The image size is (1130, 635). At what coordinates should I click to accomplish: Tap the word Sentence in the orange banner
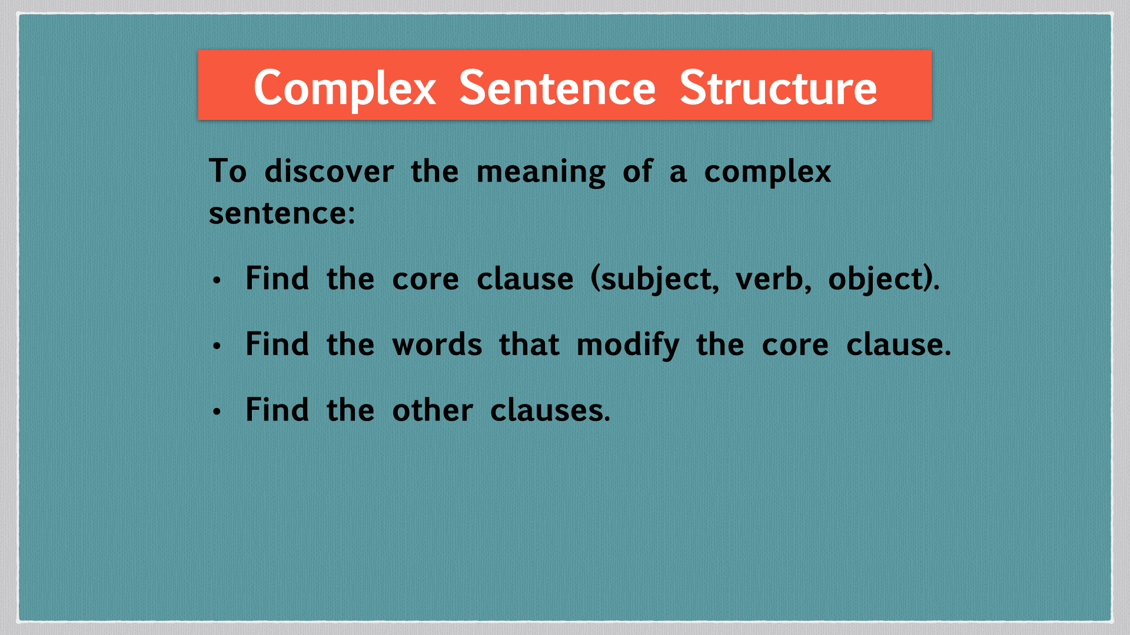coord(557,88)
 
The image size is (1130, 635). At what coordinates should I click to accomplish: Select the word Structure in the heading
coord(778,88)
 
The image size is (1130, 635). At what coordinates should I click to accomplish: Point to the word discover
coord(329,172)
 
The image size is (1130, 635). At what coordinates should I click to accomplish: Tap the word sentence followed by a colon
coord(282,213)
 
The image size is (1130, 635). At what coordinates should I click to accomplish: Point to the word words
coord(437,345)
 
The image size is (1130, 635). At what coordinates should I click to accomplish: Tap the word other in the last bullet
coord(433,410)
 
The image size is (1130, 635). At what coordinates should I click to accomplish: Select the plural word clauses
coord(550,410)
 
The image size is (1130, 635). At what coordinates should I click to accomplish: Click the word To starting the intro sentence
coord(228,172)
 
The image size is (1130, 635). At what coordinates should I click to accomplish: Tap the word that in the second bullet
coord(529,345)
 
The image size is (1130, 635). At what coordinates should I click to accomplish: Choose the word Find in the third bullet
coord(277,410)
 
